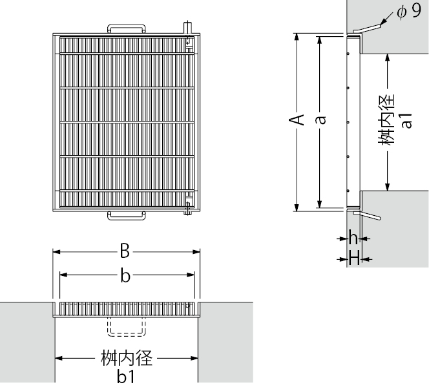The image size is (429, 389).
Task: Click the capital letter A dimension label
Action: (296, 120)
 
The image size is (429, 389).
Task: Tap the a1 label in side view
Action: (406, 120)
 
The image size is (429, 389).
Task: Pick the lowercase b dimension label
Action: (125, 276)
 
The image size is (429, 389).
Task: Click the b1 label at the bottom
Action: (125, 377)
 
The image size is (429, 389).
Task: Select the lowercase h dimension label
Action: (353, 237)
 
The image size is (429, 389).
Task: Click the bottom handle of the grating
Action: (127, 216)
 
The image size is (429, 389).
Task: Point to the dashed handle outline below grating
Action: (127, 328)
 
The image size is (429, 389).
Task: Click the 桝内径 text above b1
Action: (127, 358)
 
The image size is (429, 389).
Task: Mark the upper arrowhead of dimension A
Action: (296, 36)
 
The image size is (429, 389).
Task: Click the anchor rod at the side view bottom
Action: (368, 215)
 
